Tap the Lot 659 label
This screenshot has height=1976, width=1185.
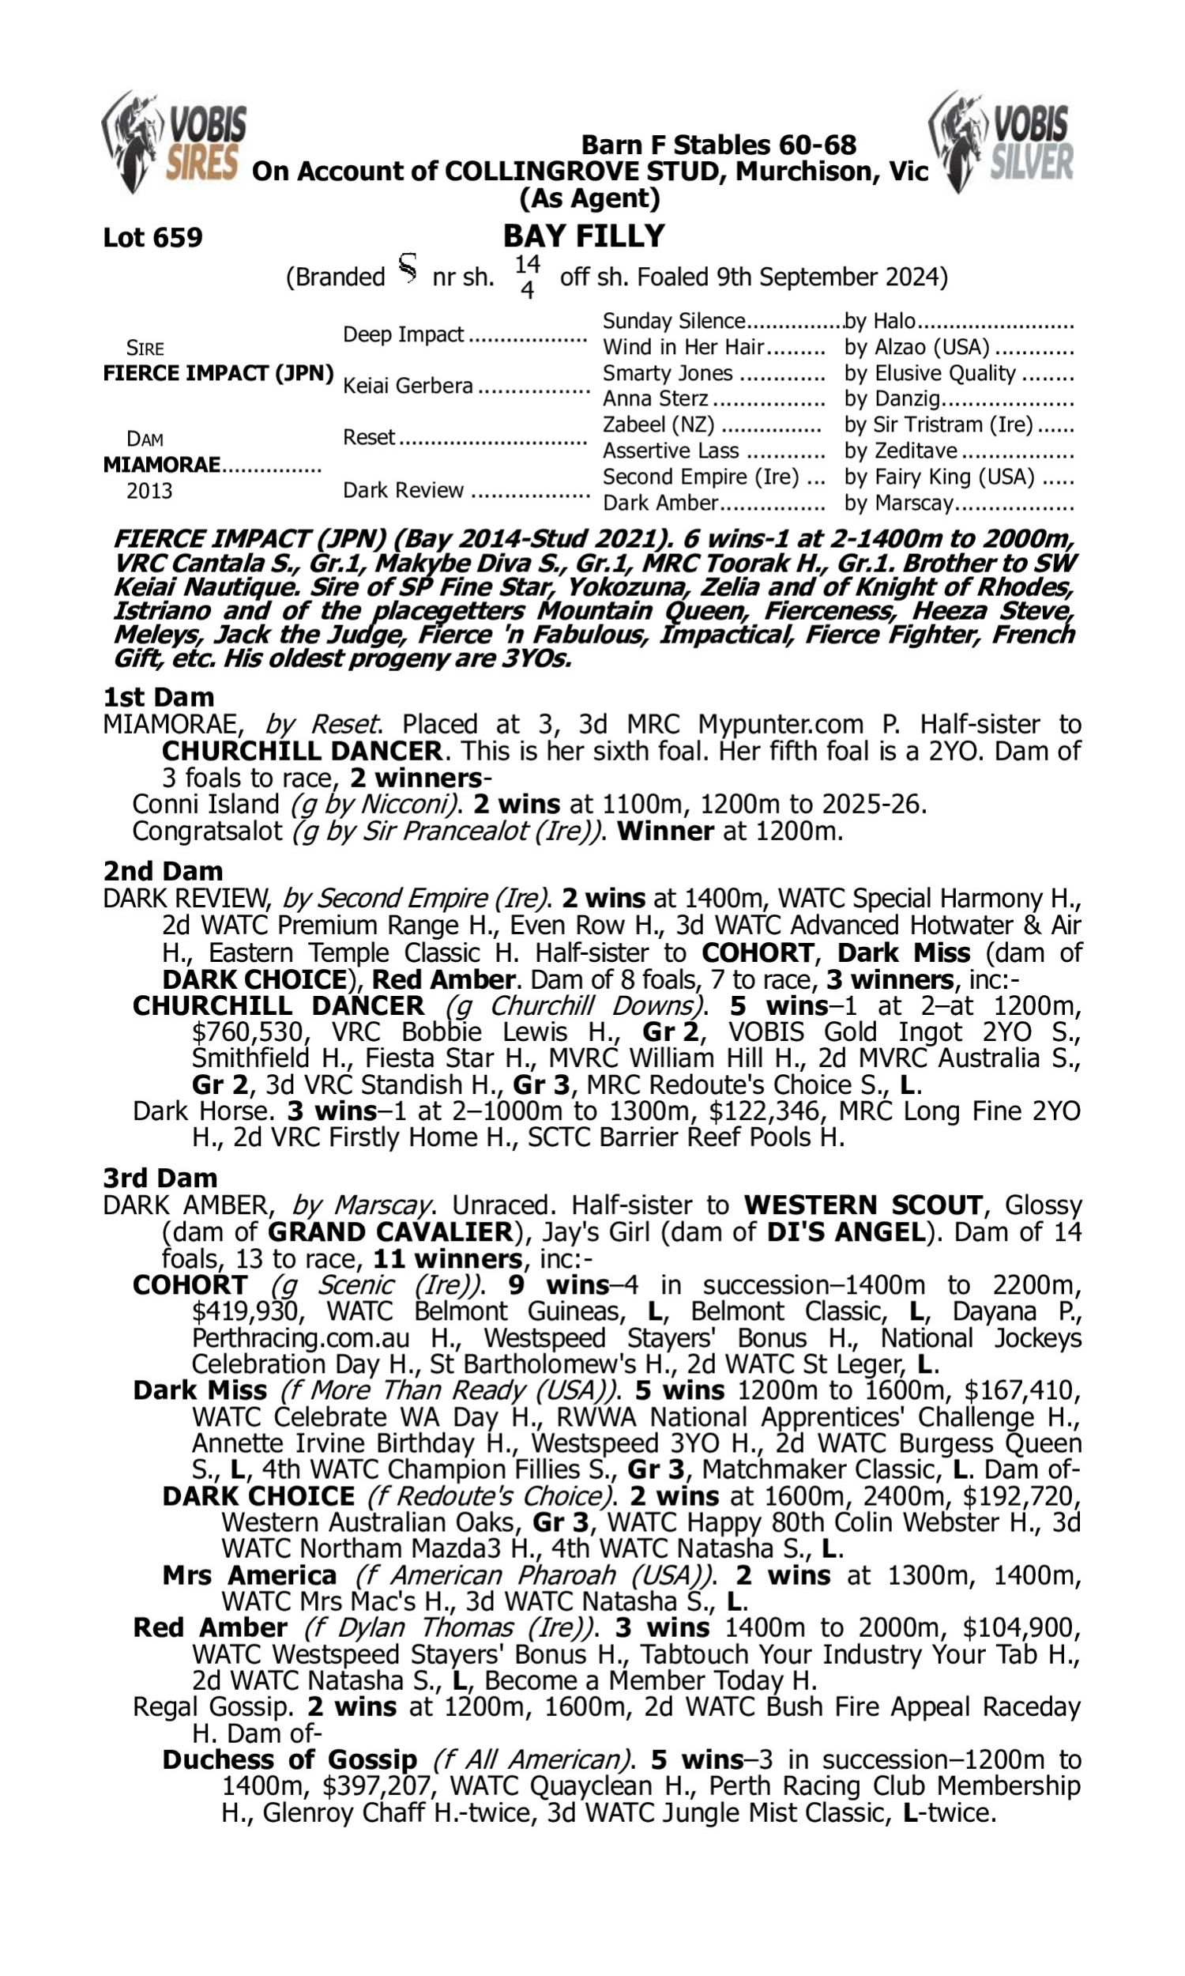tap(152, 237)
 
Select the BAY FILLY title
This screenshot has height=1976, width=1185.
tap(584, 236)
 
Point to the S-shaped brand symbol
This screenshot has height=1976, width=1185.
tap(407, 269)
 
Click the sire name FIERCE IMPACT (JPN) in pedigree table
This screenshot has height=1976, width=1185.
tap(218, 373)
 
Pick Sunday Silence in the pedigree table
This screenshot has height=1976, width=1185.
tap(673, 321)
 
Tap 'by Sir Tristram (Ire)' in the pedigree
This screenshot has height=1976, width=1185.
tap(939, 424)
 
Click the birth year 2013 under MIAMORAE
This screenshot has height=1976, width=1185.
tap(149, 490)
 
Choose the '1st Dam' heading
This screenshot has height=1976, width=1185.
tap(158, 697)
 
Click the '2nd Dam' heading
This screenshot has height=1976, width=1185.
tap(163, 870)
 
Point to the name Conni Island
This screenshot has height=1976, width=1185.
tap(205, 805)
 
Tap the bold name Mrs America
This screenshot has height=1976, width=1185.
tap(249, 1575)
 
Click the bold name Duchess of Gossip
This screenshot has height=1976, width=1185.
tap(289, 1759)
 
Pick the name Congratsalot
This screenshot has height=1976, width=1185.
tap(207, 832)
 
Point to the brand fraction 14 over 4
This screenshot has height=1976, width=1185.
tap(527, 277)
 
